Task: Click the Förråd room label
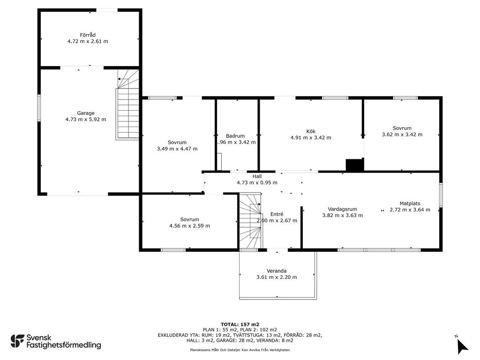tap(88, 35)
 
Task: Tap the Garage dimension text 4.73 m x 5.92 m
tap(86, 119)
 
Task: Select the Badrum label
tap(235, 136)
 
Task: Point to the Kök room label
tap(311, 131)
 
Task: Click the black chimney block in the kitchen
tap(354, 165)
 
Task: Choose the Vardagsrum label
tap(343, 209)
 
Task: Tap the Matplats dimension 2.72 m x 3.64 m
tap(410, 210)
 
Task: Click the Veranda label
tap(277, 270)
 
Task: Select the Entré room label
tap(277, 214)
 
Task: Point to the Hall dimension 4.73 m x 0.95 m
tap(257, 183)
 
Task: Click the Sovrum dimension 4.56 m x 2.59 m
tap(189, 225)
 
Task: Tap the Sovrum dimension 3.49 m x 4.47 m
tap(177, 149)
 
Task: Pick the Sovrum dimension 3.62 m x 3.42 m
tap(402, 135)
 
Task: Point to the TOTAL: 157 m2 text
tap(240, 324)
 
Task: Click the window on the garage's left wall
tap(39, 108)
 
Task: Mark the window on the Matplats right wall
tap(441, 194)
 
